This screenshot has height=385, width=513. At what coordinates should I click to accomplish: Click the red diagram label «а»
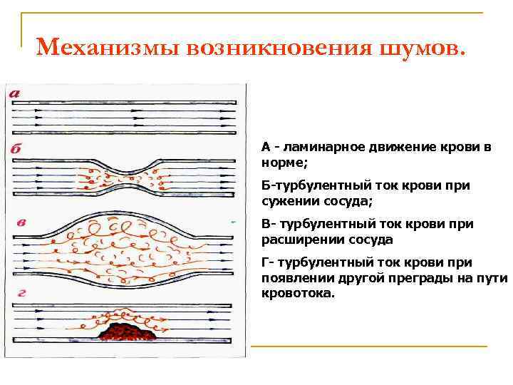click(x=14, y=93)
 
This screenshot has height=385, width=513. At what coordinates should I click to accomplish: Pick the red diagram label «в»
click(x=21, y=222)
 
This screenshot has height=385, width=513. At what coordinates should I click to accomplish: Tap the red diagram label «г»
click(x=21, y=292)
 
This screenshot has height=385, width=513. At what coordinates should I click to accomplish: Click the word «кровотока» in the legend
click(x=294, y=292)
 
